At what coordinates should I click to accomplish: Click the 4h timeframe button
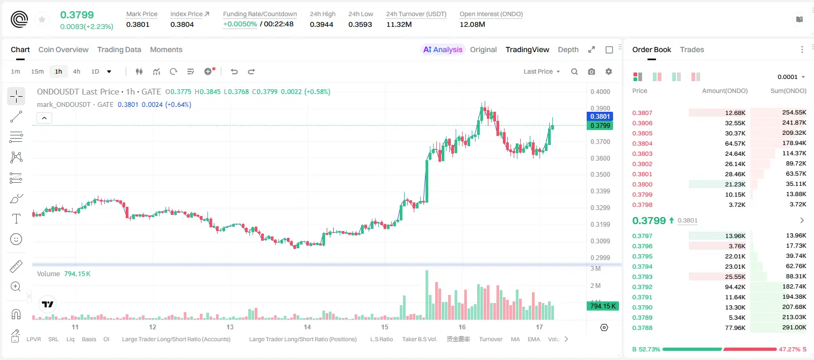[76, 71]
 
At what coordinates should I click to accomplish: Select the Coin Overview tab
[63, 49]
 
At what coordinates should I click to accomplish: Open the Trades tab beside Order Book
[691, 49]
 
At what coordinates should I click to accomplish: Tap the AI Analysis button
[443, 49]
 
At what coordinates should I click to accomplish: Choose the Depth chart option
[568, 49]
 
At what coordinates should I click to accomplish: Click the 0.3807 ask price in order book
[642, 113]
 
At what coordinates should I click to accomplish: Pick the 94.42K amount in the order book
[735, 287]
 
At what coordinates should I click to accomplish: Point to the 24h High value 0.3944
[321, 24]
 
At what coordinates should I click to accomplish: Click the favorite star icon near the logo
[42, 19]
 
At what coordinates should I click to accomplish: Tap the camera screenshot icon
[591, 71]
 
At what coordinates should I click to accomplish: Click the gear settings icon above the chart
[609, 71]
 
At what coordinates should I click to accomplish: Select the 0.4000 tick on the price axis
[600, 91]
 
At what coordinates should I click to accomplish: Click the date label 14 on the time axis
[307, 327]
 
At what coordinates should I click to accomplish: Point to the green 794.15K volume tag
[602, 306]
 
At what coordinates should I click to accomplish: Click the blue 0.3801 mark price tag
[600, 116]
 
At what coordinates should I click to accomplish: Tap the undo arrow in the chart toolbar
[234, 71]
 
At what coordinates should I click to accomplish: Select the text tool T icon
[16, 219]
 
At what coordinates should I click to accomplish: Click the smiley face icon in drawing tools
[16, 239]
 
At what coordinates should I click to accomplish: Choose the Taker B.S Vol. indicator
[419, 339]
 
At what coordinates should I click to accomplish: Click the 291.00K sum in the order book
[794, 327]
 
